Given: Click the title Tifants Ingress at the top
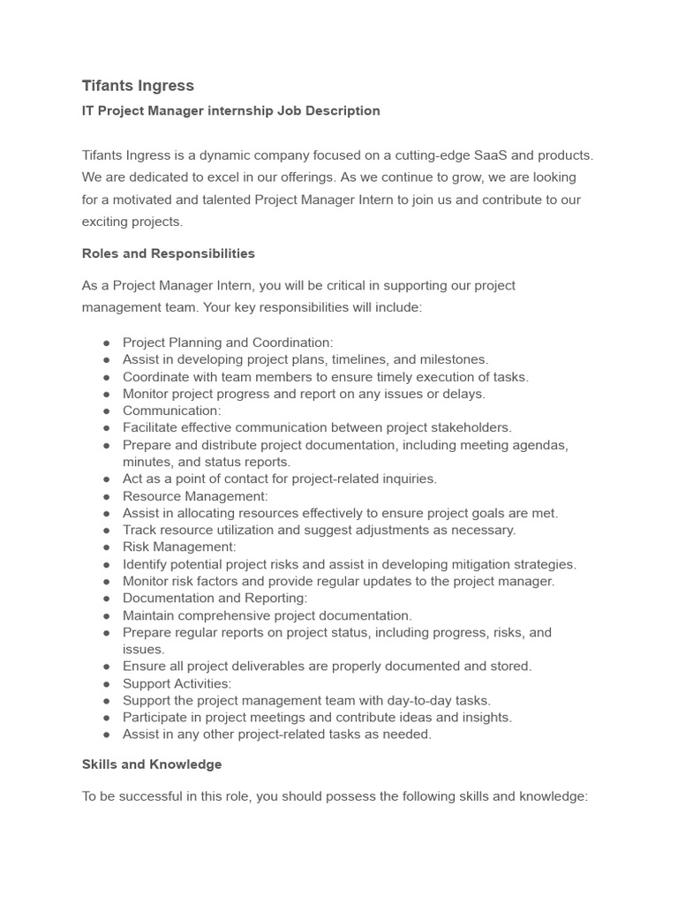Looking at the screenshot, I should (x=138, y=86).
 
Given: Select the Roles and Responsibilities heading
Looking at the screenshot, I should (x=168, y=253).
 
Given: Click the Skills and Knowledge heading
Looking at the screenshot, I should (x=152, y=765).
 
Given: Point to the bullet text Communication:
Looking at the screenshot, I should (x=171, y=411).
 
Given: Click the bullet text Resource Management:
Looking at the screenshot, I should (x=195, y=496).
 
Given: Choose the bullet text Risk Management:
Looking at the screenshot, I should (x=179, y=547).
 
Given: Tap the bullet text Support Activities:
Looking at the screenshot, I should (x=177, y=683).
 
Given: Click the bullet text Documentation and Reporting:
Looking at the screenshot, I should (x=215, y=599).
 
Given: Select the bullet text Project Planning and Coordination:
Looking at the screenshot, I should (x=228, y=343).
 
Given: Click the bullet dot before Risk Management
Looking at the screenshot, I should (x=106, y=548).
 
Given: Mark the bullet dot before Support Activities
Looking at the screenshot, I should (x=106, y=684).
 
